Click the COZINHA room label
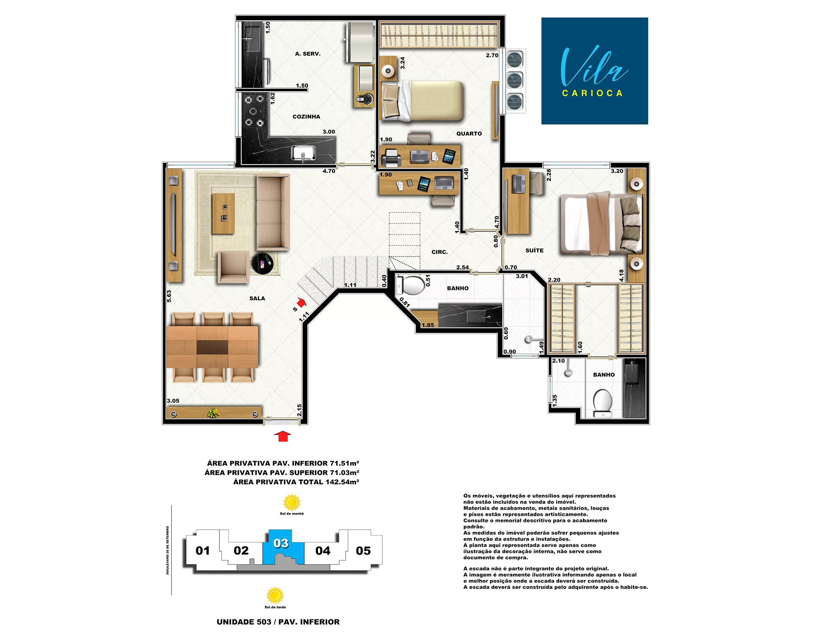[306, 117]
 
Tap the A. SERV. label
[308, 54]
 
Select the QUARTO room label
[469, 134]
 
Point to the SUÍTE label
[534, 251]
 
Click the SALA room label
[257, 298]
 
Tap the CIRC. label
[440, 252]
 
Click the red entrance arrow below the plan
[282, 436]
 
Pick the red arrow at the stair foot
[301, 302]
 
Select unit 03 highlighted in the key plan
[283, 547]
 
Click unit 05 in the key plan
[363, 551]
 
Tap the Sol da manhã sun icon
[292, 502]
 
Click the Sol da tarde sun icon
[275, 595]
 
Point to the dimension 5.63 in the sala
[169, 296]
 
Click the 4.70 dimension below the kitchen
[329, 171]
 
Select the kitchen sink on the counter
[303, 153]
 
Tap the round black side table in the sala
[263, 264]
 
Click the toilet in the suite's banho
[602, 403]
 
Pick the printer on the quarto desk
[391, 158]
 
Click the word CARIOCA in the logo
[592, 93]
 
